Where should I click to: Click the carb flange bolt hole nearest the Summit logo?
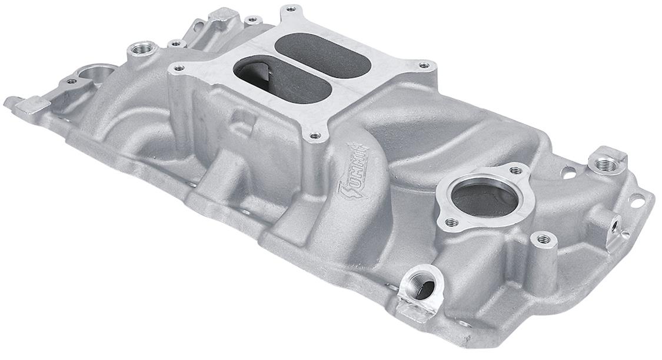(315, 136)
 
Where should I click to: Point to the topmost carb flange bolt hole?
(291, 9)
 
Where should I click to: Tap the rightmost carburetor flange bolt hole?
(423, 66)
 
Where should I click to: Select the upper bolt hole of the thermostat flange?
(515, 171)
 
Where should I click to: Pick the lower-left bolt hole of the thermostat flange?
(451, 222)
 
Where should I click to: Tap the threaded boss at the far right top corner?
(605, 165)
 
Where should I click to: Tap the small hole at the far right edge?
(637, 203)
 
